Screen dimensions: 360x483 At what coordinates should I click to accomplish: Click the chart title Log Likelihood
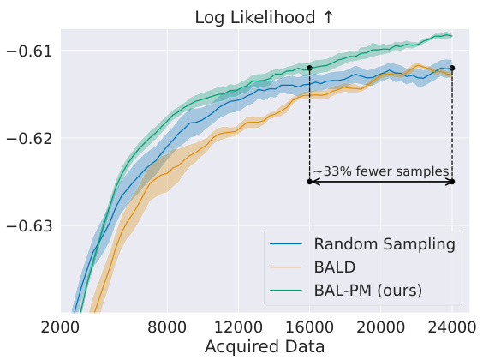point(256,16)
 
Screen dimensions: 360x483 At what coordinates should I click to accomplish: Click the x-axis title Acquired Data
point(265,347)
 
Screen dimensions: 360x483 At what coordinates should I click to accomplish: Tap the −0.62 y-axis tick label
point(31,138)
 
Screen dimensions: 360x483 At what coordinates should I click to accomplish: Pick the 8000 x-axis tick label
point(167,327)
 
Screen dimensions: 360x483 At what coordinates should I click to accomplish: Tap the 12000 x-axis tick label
point(237,327)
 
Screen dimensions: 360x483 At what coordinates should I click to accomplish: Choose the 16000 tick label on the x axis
point(309,327)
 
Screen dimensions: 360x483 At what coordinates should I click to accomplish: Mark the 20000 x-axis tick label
point(380,327)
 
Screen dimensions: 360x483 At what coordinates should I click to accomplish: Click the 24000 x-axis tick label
point(451,327)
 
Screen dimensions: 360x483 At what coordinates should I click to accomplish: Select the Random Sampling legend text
point(384,244)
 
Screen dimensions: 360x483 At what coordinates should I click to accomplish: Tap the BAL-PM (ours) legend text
point(367,290)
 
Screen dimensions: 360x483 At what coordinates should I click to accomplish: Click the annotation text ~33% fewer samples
point(380,172)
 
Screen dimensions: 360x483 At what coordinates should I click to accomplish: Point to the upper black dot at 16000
point(309,67)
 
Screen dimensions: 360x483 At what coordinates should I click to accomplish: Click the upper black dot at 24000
point(452,68)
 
